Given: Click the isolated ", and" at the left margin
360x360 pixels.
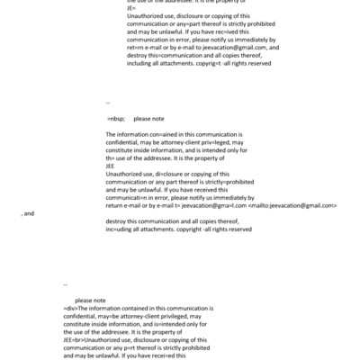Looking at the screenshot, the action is click(x=27, y=213).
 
